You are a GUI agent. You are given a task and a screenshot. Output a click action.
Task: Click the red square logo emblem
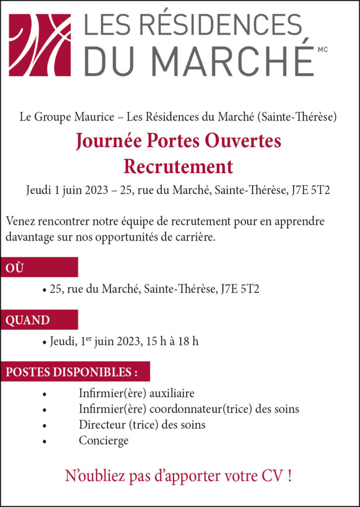tap(40, 45)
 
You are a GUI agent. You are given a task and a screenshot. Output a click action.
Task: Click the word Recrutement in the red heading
tap(178, 166)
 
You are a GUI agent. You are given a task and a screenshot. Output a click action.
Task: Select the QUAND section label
tap(28, 320)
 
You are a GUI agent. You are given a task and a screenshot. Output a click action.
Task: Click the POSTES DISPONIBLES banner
tap(71, 371)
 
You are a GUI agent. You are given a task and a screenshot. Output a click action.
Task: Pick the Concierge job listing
tap(103, 440)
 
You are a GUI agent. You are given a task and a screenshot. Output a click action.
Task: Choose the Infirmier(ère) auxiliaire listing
tap(137, 394)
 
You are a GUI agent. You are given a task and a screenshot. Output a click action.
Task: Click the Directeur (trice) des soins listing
tap(142, 425)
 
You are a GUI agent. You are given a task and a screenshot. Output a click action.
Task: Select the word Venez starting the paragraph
tap(20, 221)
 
